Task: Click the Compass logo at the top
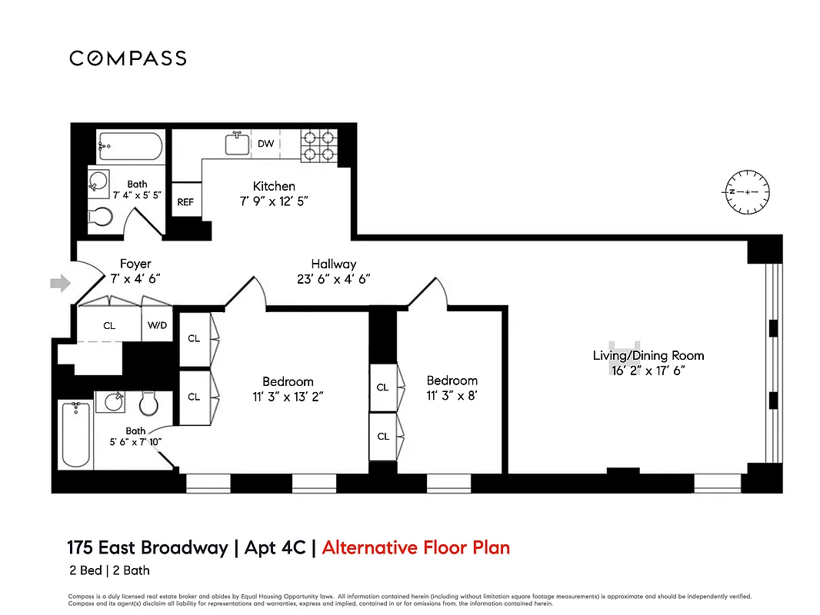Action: point(128,58)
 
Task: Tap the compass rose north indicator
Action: point(746,191)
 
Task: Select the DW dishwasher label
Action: point(265,144)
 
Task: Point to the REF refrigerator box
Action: point(185,202)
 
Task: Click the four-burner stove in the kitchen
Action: point(319,145)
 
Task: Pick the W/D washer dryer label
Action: point(157,325)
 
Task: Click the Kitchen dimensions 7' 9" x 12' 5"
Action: point(274,201)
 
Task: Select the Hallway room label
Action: point(333,264)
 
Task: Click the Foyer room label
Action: point(135,264)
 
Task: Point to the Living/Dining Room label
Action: point(648,355)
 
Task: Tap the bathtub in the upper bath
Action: point(131,146)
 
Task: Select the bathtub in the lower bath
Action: point(76,434)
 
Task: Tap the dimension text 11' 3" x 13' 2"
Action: point(288,397)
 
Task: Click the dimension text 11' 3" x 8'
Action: point(452,396)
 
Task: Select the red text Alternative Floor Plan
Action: point(415,548)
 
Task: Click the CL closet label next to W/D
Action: point(109,326)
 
